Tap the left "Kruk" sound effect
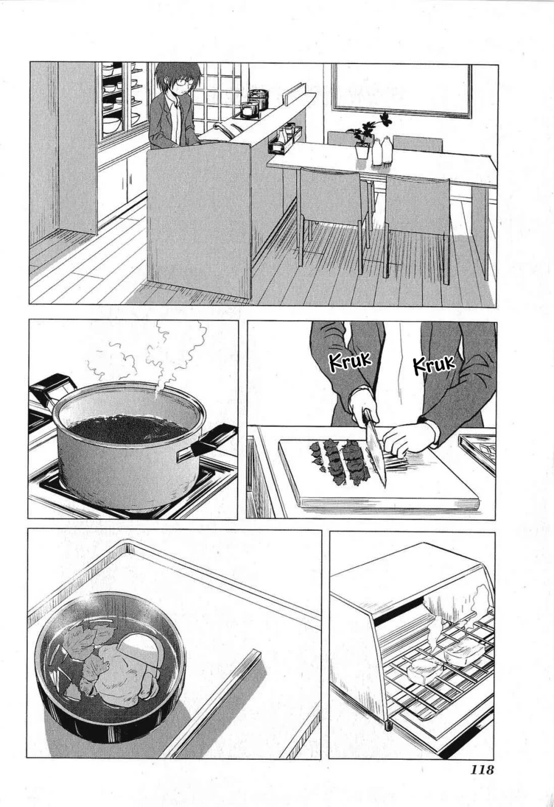pos(350,362)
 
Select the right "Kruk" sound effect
pos(434,364)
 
